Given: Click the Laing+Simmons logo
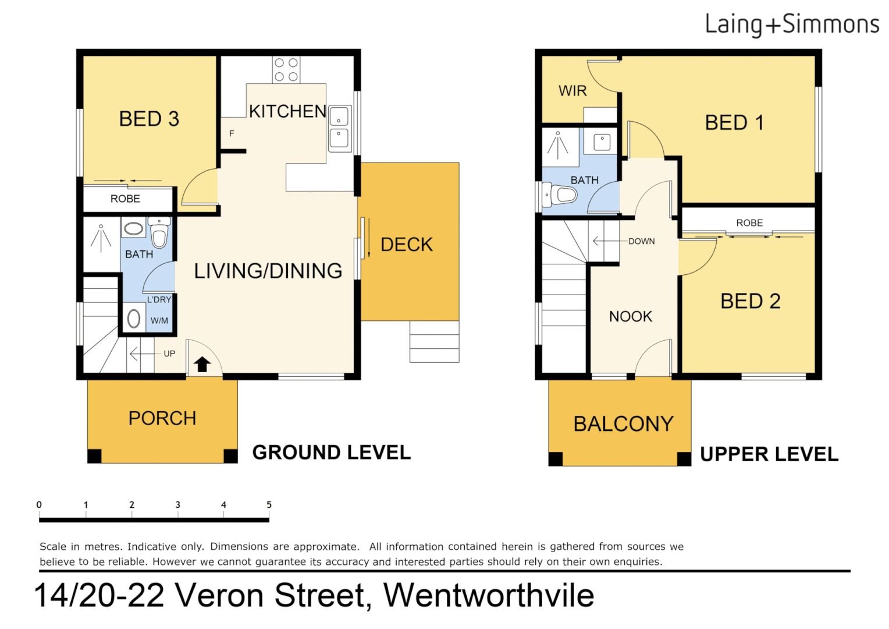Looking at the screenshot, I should (x=791, y=24).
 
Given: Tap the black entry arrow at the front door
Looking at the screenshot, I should (x=202, y=365).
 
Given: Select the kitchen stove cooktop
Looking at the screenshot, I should (x=286, y=70).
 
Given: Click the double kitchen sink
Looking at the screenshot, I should (x=339, y=128).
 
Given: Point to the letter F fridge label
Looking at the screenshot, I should (x=232, y=133).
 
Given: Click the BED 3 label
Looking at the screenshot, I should (x=149, y=119).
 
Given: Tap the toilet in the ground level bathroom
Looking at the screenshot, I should (x=159, y=233).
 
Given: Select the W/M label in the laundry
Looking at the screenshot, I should (x=159, y=321).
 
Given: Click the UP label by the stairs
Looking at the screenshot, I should (x=169, y=354).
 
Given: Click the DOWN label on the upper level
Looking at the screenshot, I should (x=641, y=241).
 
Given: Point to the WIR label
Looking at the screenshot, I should (x=572, y=91).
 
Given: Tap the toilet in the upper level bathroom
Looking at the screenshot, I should (x=559, y=195).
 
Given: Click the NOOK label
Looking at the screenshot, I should (x=631, y=316).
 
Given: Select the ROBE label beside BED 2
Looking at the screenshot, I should (x=749, y=223).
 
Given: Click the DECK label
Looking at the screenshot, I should (x=407, y=245).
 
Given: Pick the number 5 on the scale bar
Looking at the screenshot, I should (x=269, y=505).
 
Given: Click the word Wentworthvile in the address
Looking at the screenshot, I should (x=489, y=595).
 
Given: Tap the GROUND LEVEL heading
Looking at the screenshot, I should (x=331, y=453).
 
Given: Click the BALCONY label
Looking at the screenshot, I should (x=623, y=423).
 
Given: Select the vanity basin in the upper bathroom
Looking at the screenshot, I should (x=602, y=142).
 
